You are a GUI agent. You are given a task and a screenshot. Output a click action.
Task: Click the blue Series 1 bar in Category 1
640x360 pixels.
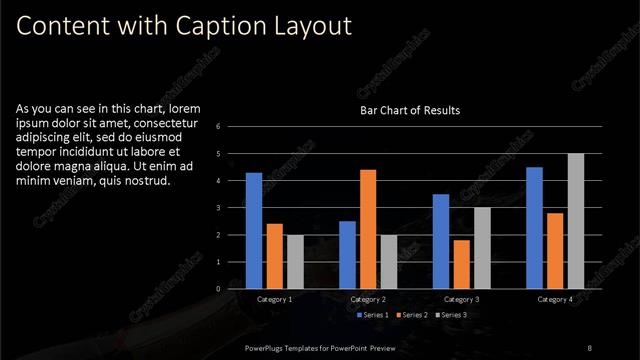click(254, 230)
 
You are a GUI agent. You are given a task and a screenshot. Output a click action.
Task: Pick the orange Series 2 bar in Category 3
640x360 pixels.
click(461, 263)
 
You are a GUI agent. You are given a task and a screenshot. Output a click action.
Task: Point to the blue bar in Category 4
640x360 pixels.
click(534, 227)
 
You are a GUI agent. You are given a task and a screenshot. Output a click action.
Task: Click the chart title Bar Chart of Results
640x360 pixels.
click(410, 110)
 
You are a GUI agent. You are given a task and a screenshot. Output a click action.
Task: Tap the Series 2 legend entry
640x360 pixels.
click(410, 315)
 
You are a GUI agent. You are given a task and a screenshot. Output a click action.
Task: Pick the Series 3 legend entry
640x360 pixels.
click(453, 315)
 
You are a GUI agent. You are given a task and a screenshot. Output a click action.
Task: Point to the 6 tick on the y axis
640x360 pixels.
click(231, 127)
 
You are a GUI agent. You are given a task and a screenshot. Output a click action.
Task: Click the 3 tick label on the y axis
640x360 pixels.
click(231, 208)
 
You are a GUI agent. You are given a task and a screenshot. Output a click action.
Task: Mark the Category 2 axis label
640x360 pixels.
click(367, 299)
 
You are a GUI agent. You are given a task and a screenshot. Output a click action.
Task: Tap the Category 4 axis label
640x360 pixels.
click(554, 299)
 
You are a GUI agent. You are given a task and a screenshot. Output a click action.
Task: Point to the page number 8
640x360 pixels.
click(589, 347)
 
